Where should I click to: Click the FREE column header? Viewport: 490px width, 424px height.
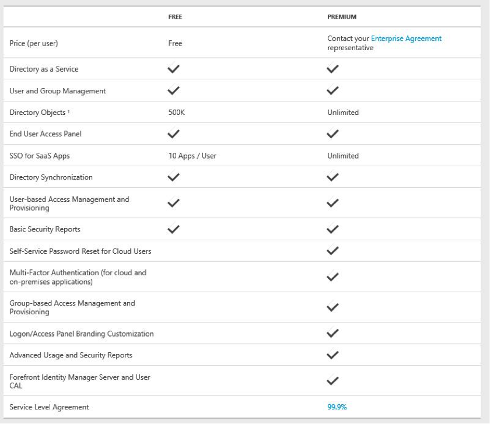[x=175, y=17]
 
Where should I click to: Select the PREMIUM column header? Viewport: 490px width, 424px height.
[x=341, y=17]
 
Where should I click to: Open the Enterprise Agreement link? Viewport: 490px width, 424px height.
[x=406, y=38]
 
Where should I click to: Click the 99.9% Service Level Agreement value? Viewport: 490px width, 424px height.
[x=337, y=407]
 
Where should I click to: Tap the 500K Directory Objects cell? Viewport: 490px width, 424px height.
[x=176, y=113]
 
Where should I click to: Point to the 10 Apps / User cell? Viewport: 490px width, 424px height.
[x=192, y=156]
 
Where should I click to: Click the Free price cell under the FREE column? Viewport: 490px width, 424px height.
[x=175, y=43]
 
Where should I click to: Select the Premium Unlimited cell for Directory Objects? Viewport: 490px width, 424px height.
[x=343, y=113]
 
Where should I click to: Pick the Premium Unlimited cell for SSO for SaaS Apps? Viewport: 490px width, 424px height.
[x=343, y=156]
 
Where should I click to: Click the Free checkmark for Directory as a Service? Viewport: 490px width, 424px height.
[x=174, y=69]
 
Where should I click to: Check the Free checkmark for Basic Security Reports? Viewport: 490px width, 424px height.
[x=174, y=229]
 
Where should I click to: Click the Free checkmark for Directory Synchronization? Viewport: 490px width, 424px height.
[x=174, y=177]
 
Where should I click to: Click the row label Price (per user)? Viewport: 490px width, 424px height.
[x=34, y=43]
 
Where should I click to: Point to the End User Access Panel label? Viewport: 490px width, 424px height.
[x=45, y=134]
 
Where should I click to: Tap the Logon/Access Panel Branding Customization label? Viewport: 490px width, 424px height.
[x=82, y=334]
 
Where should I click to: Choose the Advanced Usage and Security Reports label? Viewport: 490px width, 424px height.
[x=71, y=355]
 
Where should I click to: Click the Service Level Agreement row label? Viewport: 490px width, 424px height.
[x=49, y=407]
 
